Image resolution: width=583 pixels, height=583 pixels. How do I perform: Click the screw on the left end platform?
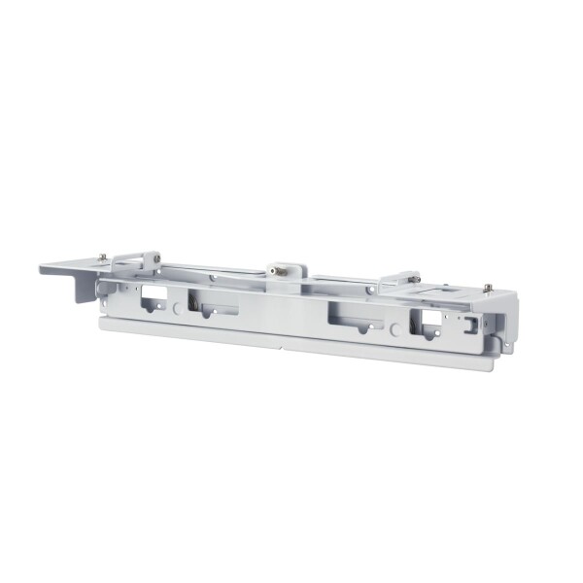(x=102, y=258)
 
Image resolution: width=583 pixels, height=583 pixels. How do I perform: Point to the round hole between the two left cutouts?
(x=176, y=306)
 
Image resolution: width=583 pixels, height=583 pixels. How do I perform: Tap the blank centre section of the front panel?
(x=282, y=317)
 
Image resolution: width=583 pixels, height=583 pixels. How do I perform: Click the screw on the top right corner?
(x=488, y=288)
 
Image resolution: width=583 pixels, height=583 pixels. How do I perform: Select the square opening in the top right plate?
(x=446, y=290)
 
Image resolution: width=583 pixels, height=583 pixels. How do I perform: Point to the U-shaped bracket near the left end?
(x=134, y=262)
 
